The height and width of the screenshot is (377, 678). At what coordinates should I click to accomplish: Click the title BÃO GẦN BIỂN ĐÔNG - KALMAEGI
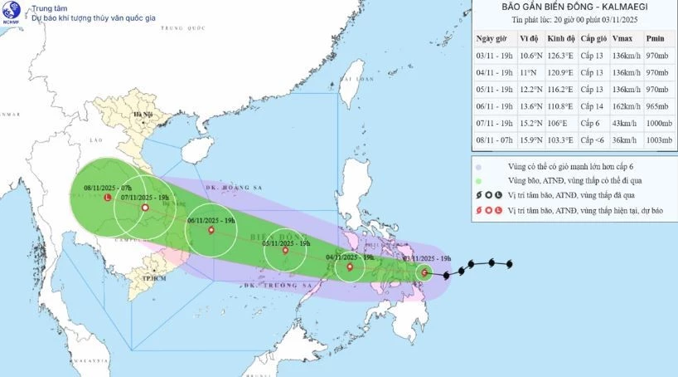(x=574, y=7)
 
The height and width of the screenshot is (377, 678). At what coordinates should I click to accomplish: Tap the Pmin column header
(x=655, y=39)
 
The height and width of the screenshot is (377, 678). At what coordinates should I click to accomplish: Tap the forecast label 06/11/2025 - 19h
(x=211, y=221)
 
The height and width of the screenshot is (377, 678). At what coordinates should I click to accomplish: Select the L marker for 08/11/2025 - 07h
(x=109, y=198)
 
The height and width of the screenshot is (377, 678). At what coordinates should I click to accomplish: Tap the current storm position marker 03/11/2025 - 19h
(x=424, y=272)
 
